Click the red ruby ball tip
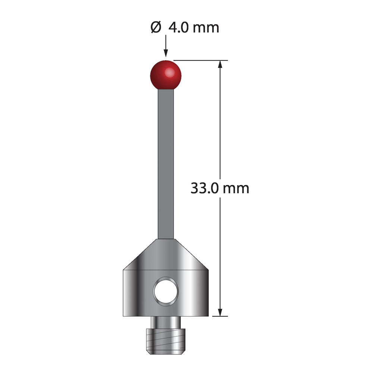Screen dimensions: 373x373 (x=166, y=76)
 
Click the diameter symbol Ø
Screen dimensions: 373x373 (x=156, y=27)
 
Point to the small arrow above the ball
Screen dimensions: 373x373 (x=166, y=46)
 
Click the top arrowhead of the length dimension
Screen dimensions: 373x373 (x=220, y=64)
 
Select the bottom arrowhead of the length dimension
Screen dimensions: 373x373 (x=220, y=312)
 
